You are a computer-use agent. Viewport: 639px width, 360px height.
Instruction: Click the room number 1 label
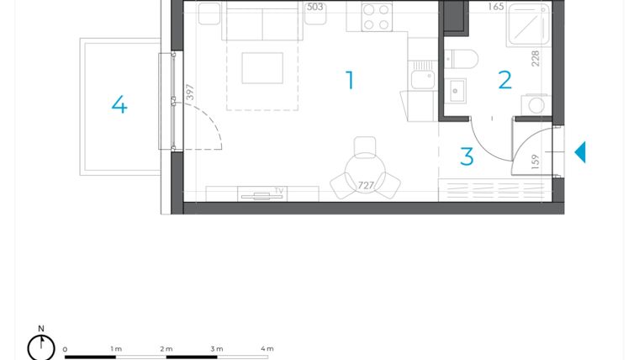point(350,81)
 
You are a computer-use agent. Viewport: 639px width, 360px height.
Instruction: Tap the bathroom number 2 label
point(504,81)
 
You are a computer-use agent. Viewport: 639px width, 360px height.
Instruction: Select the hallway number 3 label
point(467,156)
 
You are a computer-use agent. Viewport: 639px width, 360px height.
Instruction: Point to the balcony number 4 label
point(119,105)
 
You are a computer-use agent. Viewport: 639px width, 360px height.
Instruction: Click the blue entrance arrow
point(579,152)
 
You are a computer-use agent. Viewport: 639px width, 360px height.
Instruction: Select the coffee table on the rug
point(262,68)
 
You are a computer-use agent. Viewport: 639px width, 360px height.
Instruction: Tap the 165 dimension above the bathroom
point(495,7)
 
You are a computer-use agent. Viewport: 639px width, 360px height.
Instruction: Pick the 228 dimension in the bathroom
point(535,58)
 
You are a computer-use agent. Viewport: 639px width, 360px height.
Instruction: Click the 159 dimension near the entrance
point(536,161)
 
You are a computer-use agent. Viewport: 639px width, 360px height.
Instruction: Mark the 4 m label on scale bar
point(267,348)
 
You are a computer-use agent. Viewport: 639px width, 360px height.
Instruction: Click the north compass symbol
point(40,345)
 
